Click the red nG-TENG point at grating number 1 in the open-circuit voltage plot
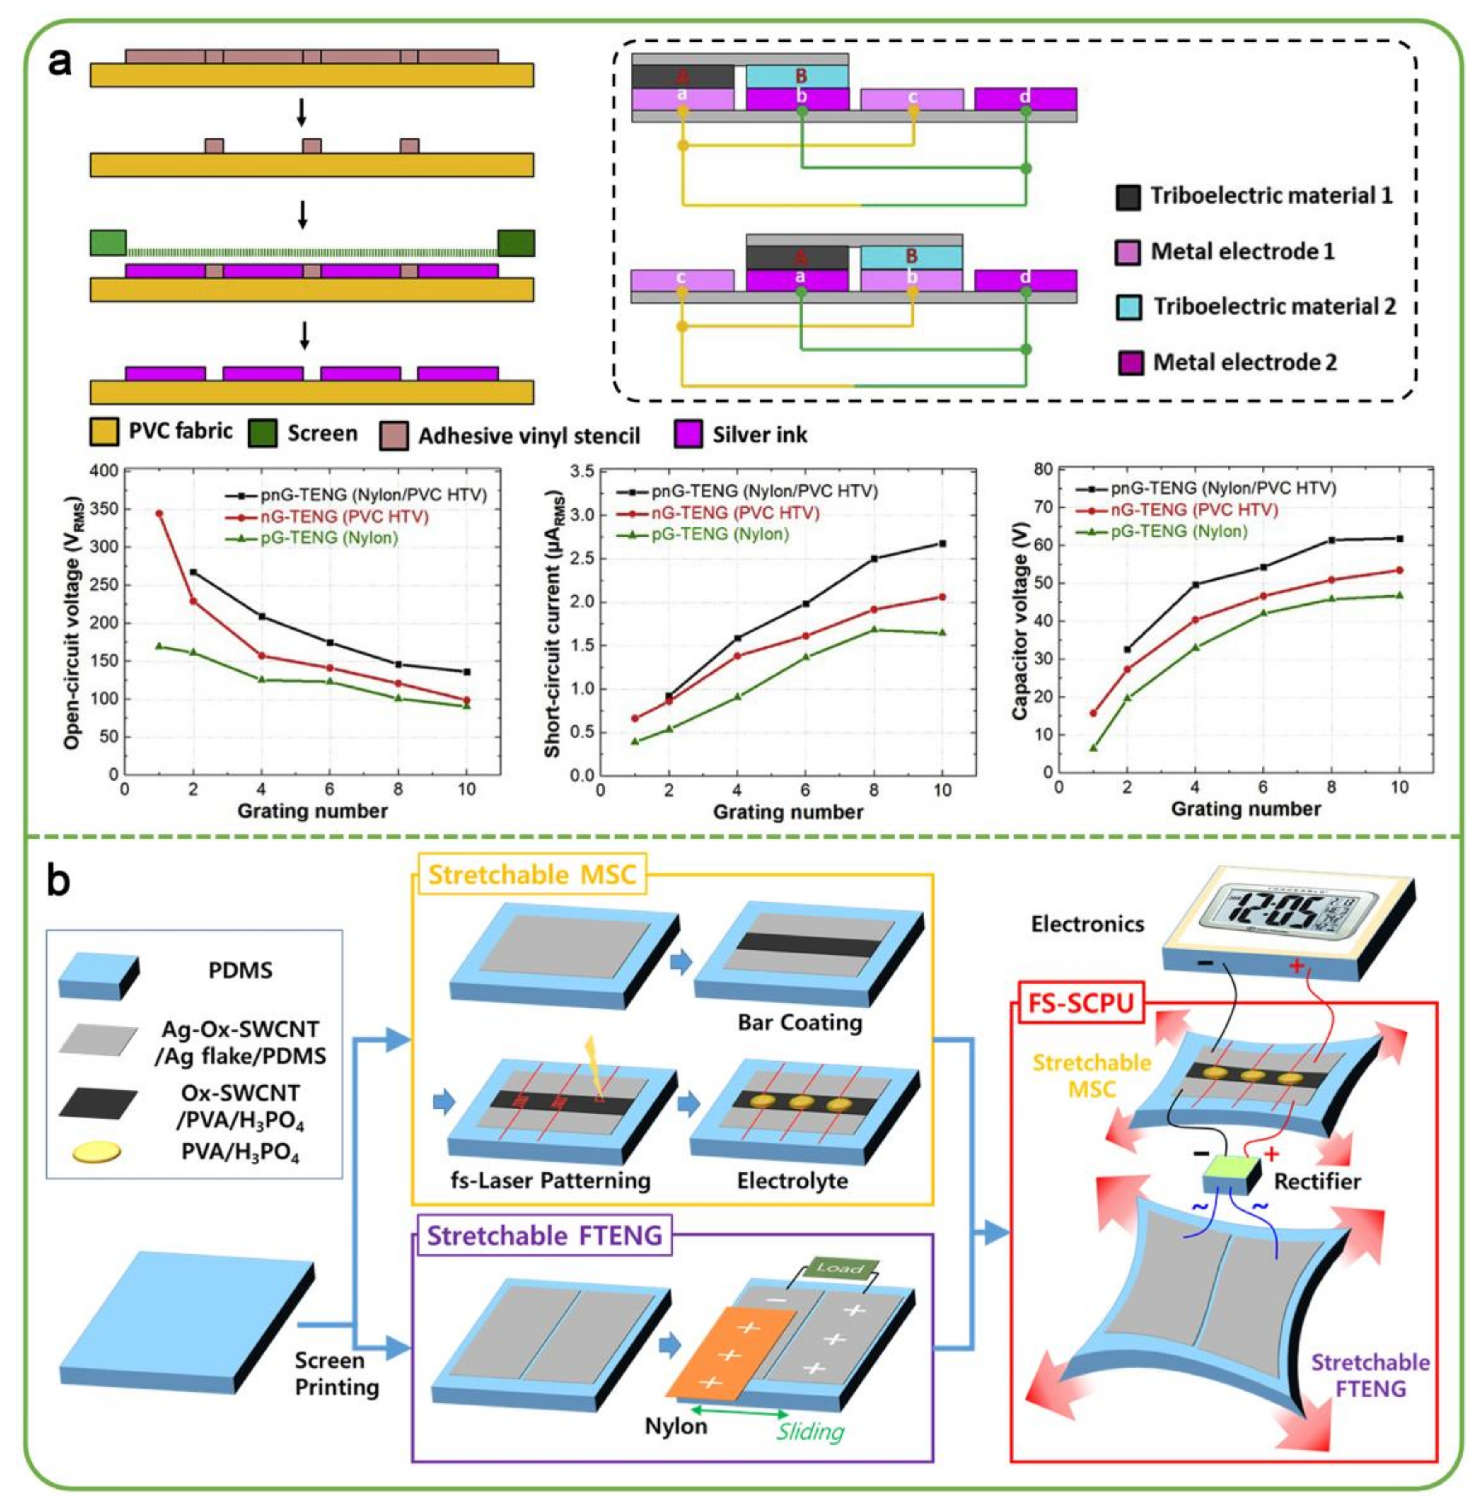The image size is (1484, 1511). coord(159,513)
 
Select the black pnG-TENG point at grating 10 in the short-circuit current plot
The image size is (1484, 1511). coord(942,543)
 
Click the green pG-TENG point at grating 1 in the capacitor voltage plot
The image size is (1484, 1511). coord(1093,748)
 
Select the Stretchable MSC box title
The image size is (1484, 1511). coord(532,875)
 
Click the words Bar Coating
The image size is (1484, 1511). coord(800,1022)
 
